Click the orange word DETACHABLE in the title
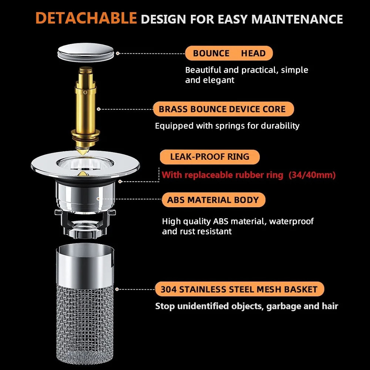click(x=86, y=18)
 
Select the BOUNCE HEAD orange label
click(x=229, y=53)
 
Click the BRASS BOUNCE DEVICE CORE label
click(x=223, y=109)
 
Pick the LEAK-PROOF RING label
click(x=209, y=157)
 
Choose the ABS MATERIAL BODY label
click(x=213, y=200)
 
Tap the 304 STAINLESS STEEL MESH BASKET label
click(x=239, y=289)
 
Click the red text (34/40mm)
click(x=312, y=175)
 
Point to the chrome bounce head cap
click(x=86, y=53)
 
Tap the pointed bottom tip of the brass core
click(x=83, y=155)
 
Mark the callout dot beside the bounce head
click(x=118, y=53)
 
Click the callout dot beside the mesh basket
click(x=117, y=289)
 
